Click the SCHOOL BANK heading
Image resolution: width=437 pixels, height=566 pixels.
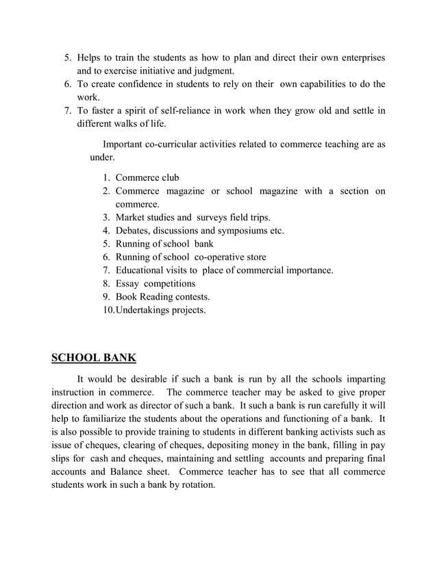coord(94,357)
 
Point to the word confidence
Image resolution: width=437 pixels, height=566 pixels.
coord(144,84)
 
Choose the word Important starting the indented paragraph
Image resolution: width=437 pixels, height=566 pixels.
coord(125,144)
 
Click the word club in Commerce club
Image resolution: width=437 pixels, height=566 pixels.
coord(168,177)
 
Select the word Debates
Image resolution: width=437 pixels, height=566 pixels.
coord(134,230)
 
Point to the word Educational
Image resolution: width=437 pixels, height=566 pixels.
coord(145,270)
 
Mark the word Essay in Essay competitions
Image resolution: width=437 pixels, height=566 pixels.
coord(128,283)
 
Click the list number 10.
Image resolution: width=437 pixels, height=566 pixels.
coord(108,310)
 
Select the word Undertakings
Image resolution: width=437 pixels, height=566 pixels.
coord(145,310)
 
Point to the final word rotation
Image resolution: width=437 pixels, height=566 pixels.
coord(195,484)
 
